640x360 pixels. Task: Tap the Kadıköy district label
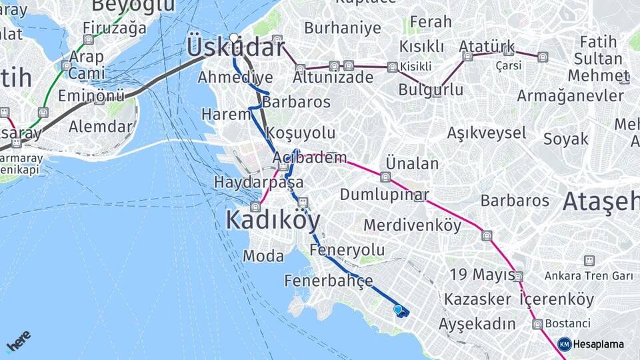click(273, 220)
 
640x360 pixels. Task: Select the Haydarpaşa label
click(259, 182)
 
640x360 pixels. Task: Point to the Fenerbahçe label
click(329, 281)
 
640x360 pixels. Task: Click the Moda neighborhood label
click(263, 256)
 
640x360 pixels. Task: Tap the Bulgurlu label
click(431, 89)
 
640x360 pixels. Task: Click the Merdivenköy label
click(412, 225)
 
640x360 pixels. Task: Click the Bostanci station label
click(567, 323)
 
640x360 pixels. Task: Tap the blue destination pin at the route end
click(399, 309)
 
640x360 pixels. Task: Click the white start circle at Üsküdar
click(234, 38)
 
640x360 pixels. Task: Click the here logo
click(18, 340)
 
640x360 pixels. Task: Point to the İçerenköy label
click(557, 299)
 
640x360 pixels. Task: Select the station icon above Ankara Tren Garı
click(589, 260)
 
